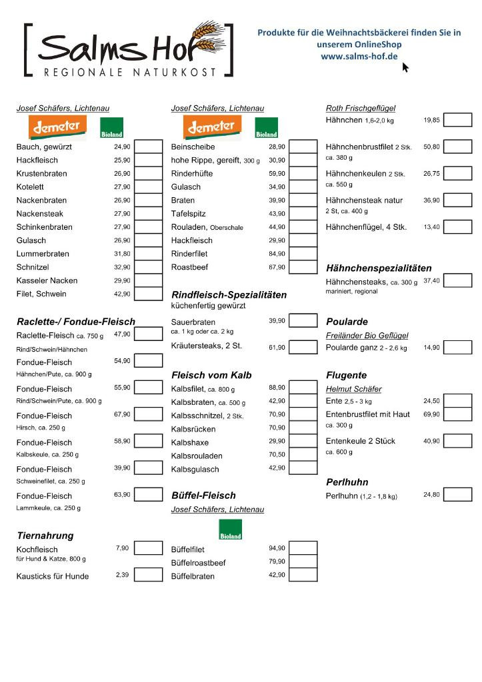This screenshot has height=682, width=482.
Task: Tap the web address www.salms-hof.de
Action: [359, 57]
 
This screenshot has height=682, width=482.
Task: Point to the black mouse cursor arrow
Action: [405, 67]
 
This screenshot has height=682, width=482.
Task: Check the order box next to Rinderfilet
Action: [303, 254]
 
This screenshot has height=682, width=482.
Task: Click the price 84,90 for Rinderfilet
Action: [277, 254]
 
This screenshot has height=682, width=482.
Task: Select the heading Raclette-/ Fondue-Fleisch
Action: [76, 321]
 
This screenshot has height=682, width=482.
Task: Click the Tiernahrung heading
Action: [45, 535]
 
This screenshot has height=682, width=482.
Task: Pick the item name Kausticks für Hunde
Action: [53, 576]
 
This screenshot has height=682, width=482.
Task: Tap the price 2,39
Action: [122, 575]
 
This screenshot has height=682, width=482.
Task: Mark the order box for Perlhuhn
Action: [457, 495]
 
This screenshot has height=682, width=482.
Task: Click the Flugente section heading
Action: [346, 375]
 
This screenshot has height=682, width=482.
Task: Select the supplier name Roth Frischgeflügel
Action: [361, 108]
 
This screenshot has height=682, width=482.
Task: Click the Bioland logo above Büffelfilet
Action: [231, 530]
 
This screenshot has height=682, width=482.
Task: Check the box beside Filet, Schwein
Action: [149, 294]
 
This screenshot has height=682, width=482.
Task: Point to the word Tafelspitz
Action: [189, 214]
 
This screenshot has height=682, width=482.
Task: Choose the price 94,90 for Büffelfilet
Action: [277, 548]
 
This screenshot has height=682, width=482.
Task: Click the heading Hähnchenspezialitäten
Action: [379, 268]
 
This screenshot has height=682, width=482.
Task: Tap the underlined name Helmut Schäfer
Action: [354, 389]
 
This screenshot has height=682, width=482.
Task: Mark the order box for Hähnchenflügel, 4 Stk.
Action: [457, 227]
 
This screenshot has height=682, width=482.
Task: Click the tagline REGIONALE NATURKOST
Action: [130, 71]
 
